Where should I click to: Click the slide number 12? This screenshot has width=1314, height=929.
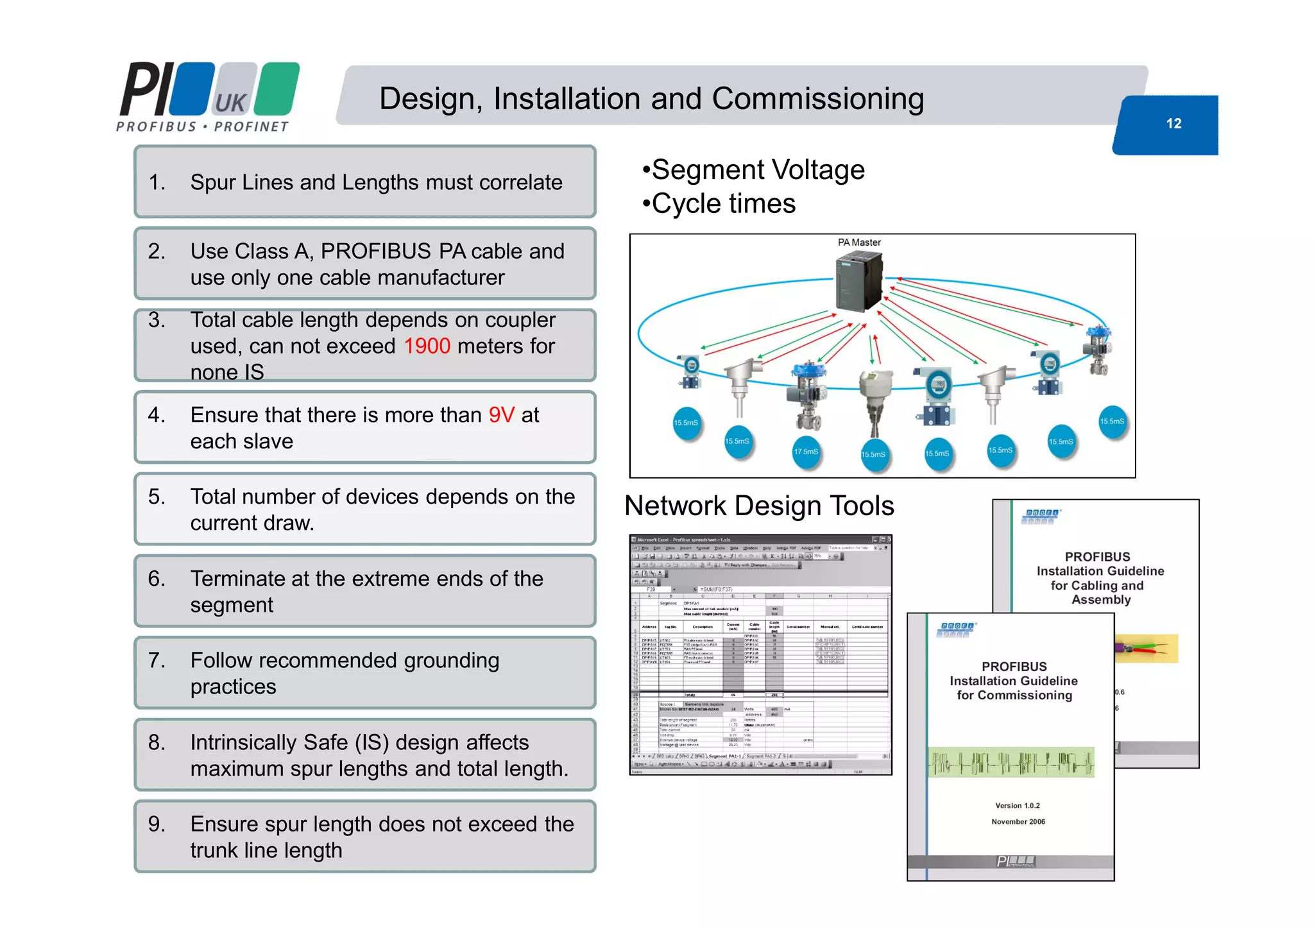pos(1173,123)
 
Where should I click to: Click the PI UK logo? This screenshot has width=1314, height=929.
pos(209,97)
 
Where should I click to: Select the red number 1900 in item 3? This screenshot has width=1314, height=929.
pos(427,346)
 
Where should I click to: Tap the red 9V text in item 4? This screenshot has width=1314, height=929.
pos(501,415)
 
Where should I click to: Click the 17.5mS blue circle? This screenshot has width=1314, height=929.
pos(806,452)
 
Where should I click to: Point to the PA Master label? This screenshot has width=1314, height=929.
pos(859,243)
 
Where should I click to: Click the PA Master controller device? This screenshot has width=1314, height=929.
pos(859,282)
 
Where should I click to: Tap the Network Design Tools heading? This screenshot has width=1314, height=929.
pos(759,506)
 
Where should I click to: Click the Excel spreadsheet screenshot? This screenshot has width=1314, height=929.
pos(761,654)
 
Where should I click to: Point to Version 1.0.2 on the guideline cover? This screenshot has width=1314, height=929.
pos(1017,806)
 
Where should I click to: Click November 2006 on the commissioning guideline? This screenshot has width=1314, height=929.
pos(1018,822)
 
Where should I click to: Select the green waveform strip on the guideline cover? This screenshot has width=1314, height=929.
pos(1011,762)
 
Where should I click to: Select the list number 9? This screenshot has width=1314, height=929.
pos(156,824)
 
